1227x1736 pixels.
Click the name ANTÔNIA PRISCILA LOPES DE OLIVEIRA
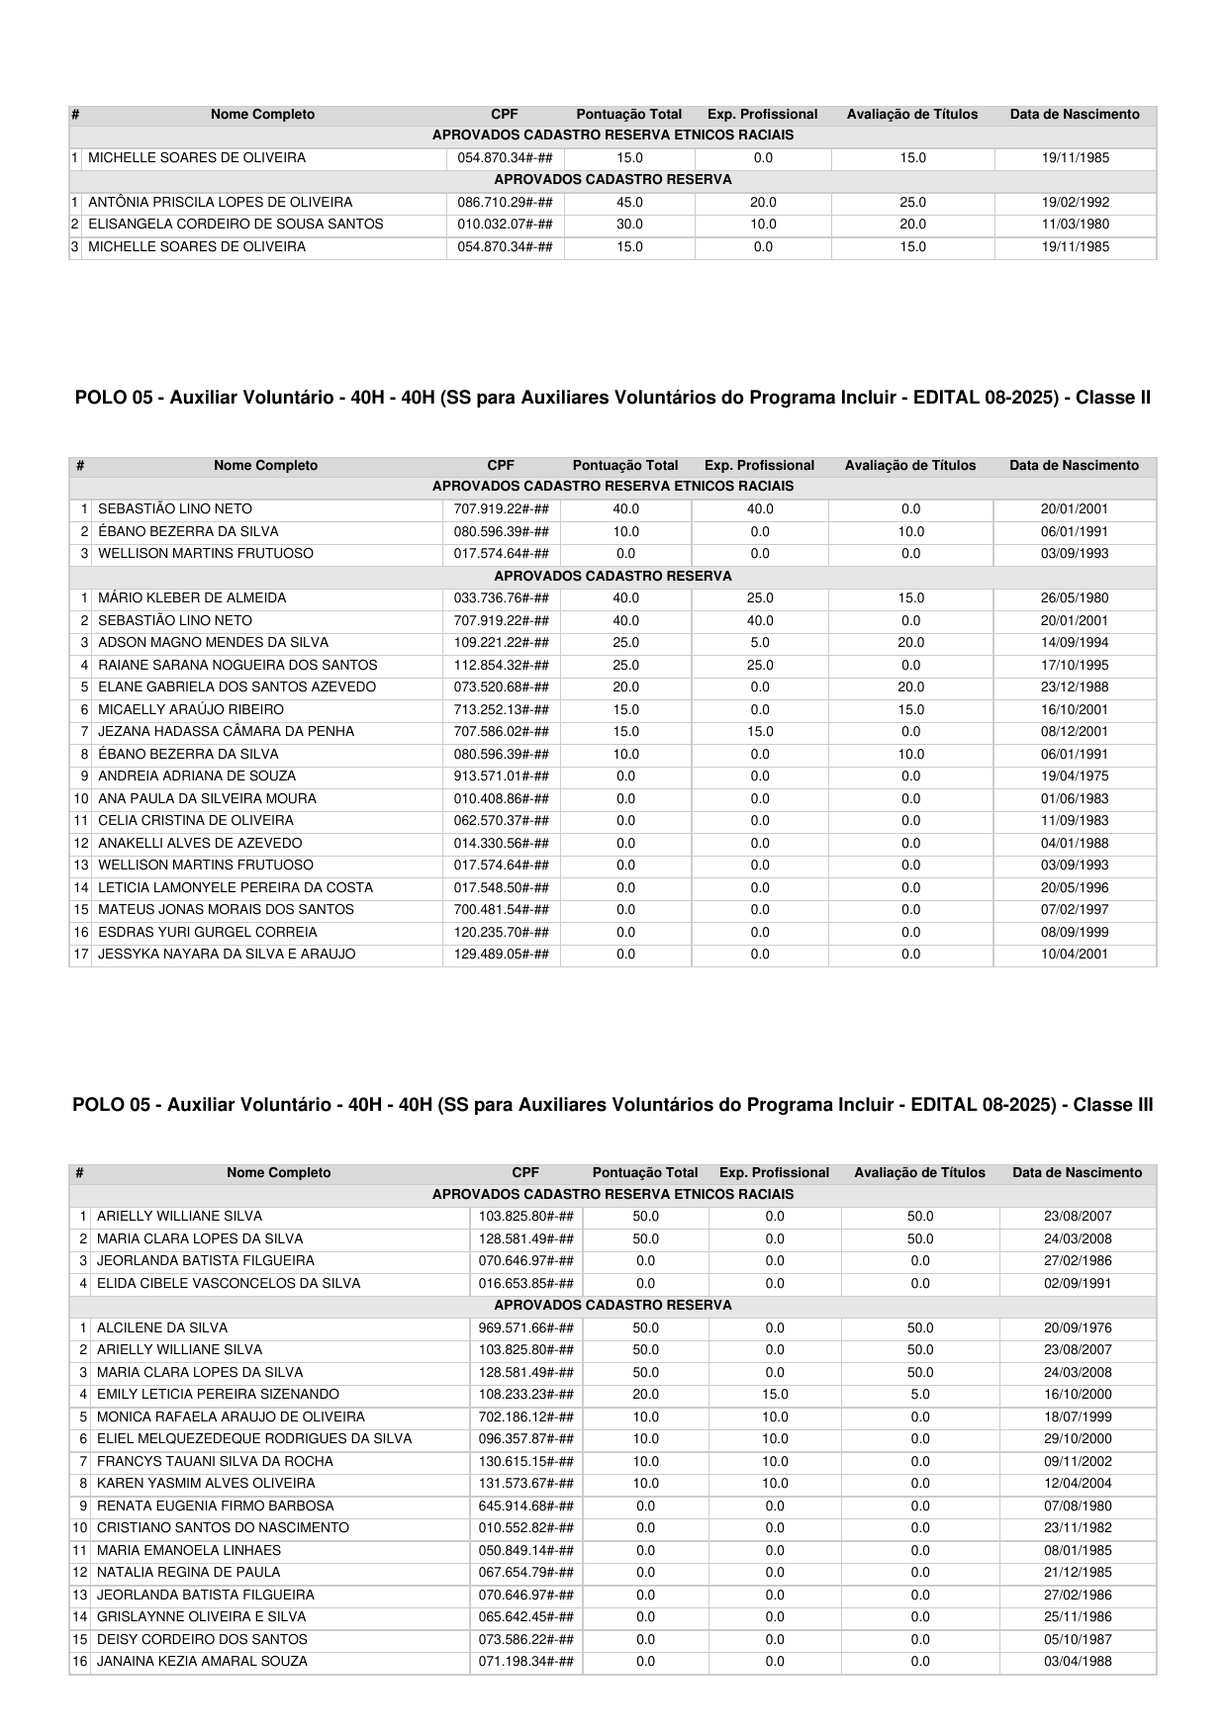[220, 202]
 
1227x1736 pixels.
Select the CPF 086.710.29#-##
[505, 202]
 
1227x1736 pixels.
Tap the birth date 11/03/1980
[1075, 225]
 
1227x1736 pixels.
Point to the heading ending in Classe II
[613, 398]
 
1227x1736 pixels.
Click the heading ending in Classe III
[613, 1105]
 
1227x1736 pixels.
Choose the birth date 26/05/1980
[1075, 598]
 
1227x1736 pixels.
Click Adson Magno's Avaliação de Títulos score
[910, 643]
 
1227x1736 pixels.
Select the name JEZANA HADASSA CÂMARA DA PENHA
[226, 732]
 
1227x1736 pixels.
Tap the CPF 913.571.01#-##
[501, 777]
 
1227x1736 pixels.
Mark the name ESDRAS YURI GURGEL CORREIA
[208, 933]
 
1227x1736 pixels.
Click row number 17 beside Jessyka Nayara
[81, 955]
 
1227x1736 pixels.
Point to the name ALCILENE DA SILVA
[162, 1328]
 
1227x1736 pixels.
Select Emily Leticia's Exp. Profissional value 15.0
[775, 1395]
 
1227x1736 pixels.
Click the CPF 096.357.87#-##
[525, 1439]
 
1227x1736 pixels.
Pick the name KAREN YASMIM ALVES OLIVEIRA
[206, 1484]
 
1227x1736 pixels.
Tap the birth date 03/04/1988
[1077, 1662]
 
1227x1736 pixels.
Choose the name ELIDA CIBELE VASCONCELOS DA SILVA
[229, 1284]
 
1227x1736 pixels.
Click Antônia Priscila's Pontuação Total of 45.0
[629, 202]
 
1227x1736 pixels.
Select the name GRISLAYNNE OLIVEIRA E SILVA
[201, 1617]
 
